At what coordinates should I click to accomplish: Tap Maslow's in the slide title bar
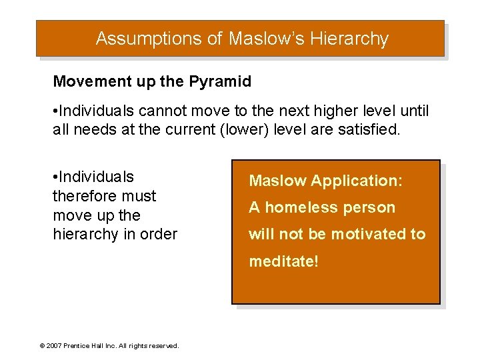coord(264,39)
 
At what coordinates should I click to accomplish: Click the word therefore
coord(81,196)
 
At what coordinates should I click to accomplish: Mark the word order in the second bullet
coord(159,235)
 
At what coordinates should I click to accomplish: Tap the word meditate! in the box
coord(284,261)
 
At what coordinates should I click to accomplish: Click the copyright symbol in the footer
coord(43,345)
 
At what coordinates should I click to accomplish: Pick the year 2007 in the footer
coord(54,345)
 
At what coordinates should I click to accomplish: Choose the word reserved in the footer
coord(164,345)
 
